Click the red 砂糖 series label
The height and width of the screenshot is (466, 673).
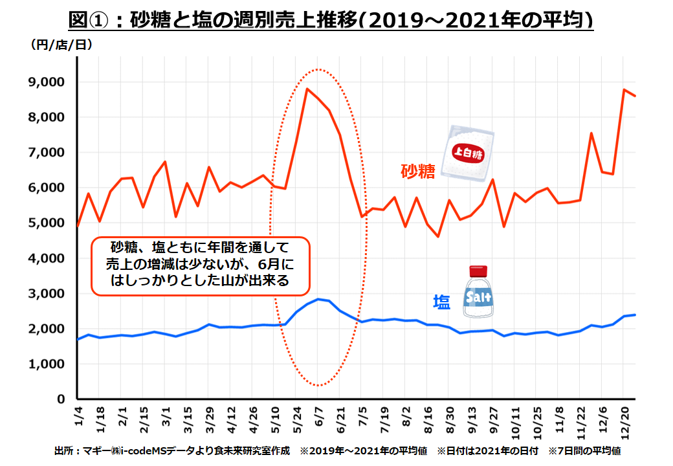417,172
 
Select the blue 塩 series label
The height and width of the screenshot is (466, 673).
442,302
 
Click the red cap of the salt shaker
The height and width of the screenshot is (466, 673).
478,270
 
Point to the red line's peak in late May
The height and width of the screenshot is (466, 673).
307,89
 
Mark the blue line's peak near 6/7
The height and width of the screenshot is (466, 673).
318,299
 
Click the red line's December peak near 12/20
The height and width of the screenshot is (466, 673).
624,90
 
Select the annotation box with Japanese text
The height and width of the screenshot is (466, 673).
200,264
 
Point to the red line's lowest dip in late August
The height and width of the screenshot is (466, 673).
438,237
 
